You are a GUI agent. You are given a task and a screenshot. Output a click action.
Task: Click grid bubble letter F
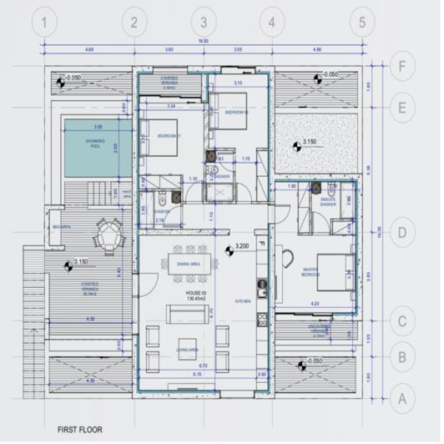[403, 65]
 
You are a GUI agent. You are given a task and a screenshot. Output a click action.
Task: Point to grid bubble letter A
[403, 399]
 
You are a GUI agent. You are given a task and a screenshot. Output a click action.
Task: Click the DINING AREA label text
[192, 265]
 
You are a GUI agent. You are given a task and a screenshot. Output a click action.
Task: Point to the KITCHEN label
[244, 300]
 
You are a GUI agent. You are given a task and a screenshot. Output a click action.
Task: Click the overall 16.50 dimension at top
[201, 39]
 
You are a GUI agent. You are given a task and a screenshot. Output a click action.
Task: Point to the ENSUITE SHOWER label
[321, 200]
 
